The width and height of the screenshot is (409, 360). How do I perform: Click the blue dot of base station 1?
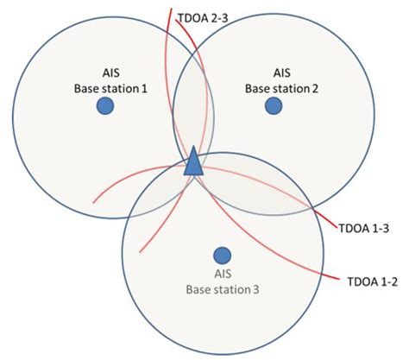(x=105, y=105)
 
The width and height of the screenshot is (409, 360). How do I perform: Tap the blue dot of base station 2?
(x=274, y=105)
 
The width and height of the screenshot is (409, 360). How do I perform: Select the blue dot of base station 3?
(x=222, y=256)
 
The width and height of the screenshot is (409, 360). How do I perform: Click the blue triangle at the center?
(x=195, y=161)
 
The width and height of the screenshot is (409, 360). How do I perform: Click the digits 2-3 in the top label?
(x=226, y=17)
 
